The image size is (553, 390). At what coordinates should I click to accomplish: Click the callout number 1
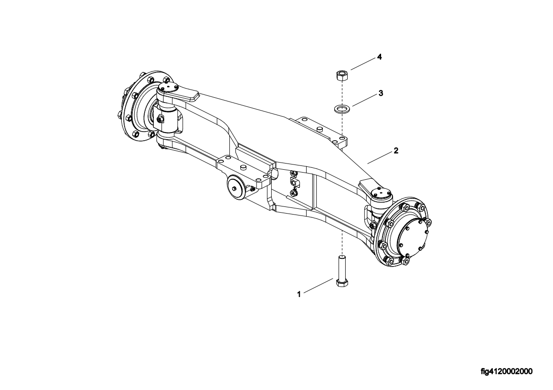tap(299, 294)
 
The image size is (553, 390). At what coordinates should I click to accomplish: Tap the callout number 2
tap(396, 151)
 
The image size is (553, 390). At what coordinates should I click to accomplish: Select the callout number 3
tap(381, 93)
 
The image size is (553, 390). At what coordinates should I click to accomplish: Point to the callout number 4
tap(380, 57)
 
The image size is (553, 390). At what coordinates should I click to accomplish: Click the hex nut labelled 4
tap(340, 75)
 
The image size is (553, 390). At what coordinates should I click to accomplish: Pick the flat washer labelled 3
tap(340, 108)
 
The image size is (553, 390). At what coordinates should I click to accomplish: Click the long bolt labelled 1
tap(342, 272)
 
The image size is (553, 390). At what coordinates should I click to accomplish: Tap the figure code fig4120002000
tap(507, 371)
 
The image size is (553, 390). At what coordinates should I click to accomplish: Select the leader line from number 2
tap(380, 157)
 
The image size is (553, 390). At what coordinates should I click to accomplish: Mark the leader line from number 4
tap(363, 64)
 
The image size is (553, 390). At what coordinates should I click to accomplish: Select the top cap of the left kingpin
tap(168, 87)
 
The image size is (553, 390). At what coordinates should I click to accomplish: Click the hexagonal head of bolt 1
tap(342, 283)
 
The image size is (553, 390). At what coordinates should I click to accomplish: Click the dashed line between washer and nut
tap(340, 92)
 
